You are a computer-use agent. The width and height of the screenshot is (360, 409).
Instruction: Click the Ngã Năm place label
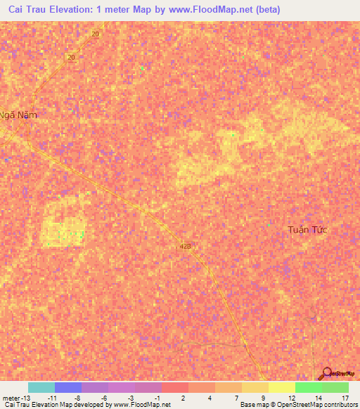click(18, 115)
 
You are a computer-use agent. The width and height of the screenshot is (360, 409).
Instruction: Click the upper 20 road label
click(95, 34)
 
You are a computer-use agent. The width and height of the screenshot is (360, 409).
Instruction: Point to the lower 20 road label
click(71, 58)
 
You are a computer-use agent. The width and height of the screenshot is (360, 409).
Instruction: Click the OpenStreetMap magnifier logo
click(326, 374)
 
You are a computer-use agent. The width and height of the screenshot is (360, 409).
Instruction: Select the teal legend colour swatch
click(41, 387)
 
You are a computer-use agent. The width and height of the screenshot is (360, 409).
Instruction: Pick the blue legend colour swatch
click(67, 387)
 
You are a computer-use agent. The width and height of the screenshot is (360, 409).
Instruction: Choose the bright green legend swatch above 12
click(308, 387)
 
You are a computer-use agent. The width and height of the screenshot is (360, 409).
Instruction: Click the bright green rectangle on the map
click(65, 233)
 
